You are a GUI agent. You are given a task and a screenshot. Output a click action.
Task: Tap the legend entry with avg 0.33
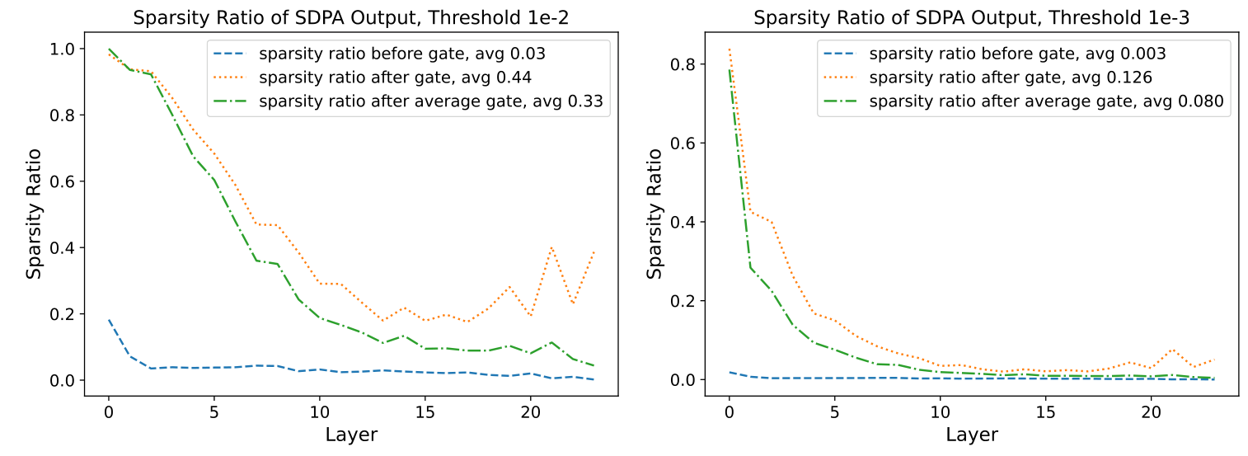pyautogui.click(x=429, y=102)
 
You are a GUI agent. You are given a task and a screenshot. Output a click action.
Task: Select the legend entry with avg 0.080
pyautogui.click(x=1047, y=102)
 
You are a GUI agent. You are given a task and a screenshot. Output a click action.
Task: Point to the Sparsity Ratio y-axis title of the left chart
pyautogui.click(x=33, y=216)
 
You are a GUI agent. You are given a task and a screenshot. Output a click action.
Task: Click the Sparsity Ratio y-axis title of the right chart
pyautogui.click(x=654, y=216)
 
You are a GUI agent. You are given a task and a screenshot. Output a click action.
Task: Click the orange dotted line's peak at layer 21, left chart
pyautogui.click(x=551, y=247)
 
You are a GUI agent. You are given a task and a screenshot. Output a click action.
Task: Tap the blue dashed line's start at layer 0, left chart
pyautogui.click(x=109, y=320)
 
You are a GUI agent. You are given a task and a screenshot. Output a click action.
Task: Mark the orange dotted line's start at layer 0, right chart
pyautogui.click(x=730, y=49)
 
